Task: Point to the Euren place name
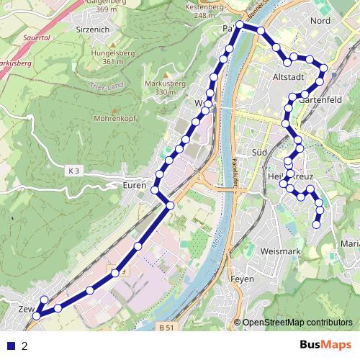(x=134, y=184)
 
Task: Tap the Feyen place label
(x=240, y=278)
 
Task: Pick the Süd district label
(x=260, y=152)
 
